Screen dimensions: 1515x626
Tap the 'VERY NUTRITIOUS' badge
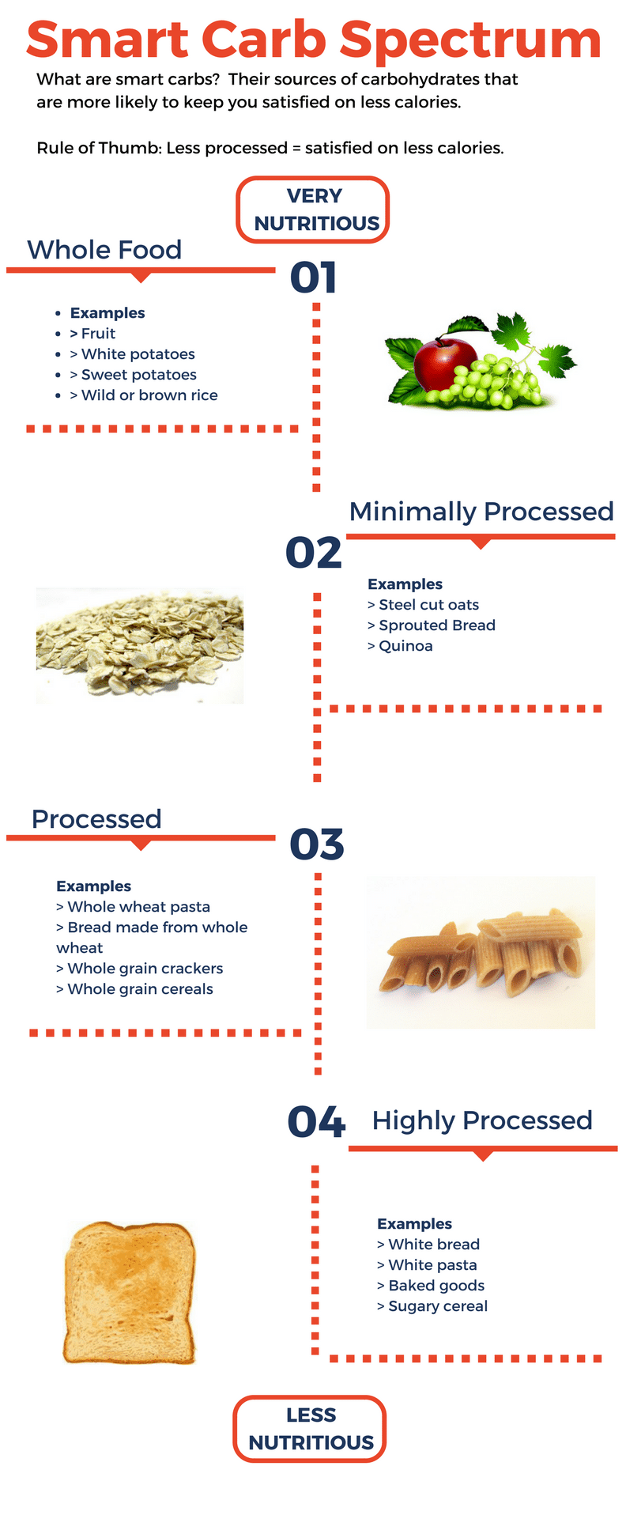[313, 210]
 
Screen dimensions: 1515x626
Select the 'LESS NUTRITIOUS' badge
[310, 1429]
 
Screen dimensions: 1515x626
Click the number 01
[314, 278]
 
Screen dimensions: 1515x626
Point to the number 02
[314, 552]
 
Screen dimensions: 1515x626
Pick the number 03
[316, 844]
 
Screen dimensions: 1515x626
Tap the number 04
[316, 1122]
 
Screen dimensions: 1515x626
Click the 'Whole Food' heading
[104, 250]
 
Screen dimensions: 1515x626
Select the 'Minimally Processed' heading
[481, 512]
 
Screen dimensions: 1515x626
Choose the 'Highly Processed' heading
[482, 1120]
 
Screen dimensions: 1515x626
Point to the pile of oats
[140, 644]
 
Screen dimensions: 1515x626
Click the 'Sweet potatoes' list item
[138, 375]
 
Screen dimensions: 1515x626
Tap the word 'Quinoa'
[405, 646]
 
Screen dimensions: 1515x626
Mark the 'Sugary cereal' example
[438, 1306]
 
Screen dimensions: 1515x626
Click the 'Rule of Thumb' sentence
[270, 148]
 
